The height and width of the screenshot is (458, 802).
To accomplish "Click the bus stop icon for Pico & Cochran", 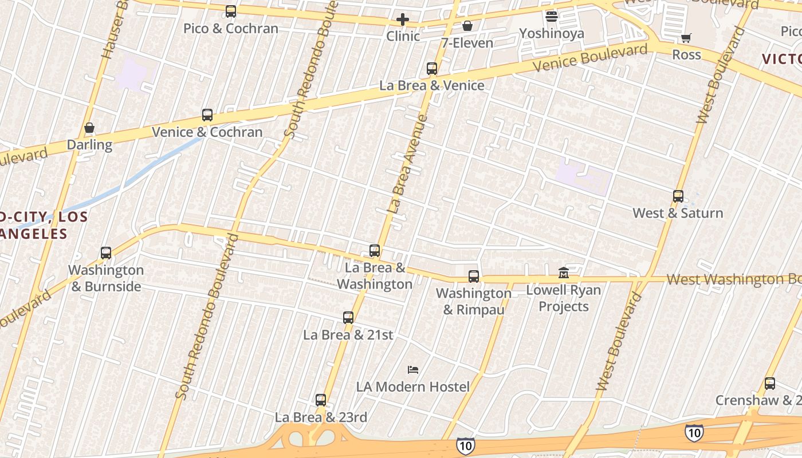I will tap(231, 11).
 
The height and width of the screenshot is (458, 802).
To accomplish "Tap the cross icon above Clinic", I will tap(403, 20).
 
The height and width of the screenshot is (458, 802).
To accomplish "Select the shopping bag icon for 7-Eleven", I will tap(467, 26).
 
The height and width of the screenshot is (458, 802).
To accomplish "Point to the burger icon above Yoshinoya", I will tap(552, 17).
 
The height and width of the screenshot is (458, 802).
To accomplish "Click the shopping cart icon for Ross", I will tap(686, 38).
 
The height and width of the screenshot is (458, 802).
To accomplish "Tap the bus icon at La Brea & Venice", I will tap(432, 69).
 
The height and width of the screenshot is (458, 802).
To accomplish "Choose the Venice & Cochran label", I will tap(207, 132).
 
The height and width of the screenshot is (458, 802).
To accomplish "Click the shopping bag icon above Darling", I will tap(89, 128).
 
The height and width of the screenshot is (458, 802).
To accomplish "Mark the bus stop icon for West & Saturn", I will tap(678, 196).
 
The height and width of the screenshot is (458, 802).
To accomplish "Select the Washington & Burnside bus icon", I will tap(106, 253).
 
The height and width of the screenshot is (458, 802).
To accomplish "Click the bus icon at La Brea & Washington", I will tap(375, 251).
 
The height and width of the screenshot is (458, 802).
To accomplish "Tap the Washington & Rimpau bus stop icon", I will tap(474, 277).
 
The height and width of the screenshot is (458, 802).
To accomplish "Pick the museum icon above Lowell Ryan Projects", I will tap(564, 273).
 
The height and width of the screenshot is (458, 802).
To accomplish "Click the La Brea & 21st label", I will tap(348, 335).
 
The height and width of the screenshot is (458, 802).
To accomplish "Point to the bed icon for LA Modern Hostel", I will tap(412, 370).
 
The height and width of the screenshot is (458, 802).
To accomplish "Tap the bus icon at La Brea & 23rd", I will tap(321, 400).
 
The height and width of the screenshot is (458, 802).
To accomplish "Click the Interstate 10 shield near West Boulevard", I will tap(694, 432).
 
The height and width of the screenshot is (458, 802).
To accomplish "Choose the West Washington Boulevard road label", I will tap(734, 279).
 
